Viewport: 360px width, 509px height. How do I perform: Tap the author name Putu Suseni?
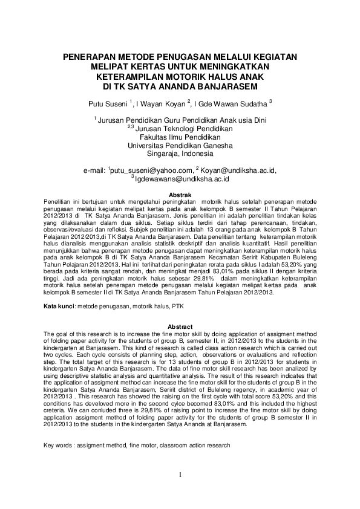tap(108, 103)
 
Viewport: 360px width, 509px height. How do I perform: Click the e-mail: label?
tap(94, 171)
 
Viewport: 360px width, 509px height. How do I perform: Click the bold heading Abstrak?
tap(179, 195)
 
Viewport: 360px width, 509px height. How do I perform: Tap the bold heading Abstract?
tap(179, 326)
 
